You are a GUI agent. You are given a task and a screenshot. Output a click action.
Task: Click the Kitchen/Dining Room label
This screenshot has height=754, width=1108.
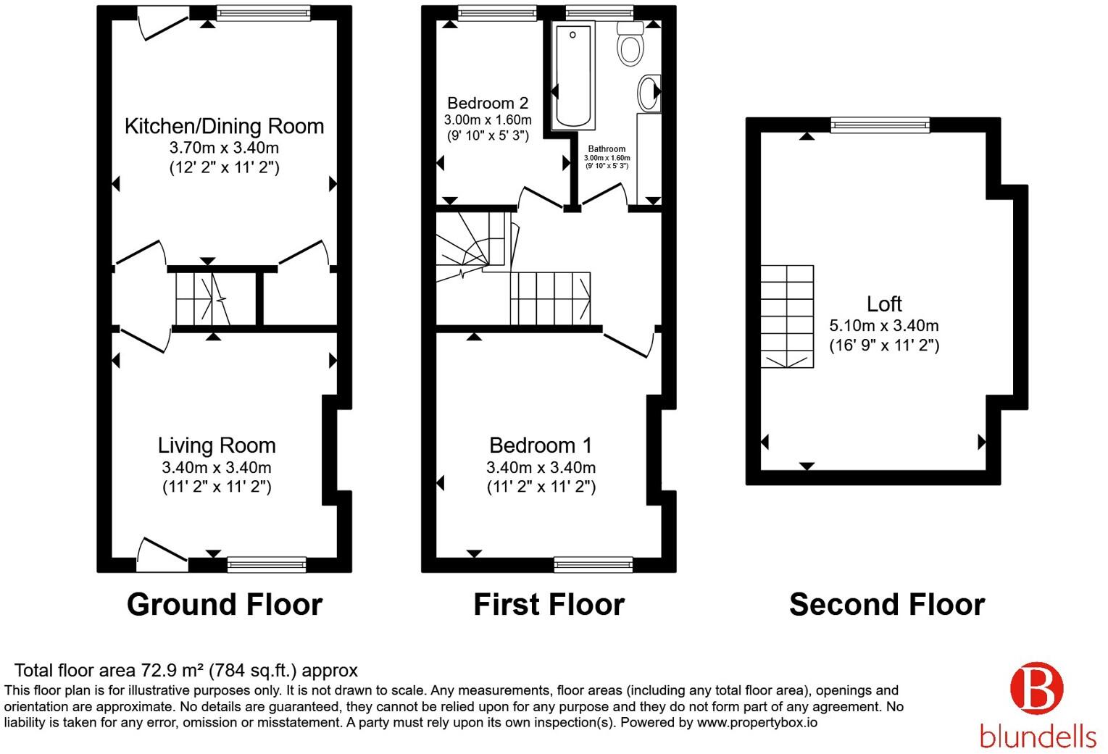[x=224, y=126]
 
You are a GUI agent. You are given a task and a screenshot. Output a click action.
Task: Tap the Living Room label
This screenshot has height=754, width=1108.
[x=217, y=445]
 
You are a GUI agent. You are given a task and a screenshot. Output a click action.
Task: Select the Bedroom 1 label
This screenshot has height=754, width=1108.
[x=541, y=445]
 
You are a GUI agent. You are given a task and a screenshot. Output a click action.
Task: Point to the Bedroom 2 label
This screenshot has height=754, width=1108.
[x=488, y=103]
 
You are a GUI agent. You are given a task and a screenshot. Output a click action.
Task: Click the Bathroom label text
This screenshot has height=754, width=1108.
[x=607, y=148]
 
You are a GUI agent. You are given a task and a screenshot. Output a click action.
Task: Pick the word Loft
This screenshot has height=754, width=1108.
[x=884, y=303]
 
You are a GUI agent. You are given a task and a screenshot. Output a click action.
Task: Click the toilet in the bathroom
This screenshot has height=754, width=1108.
[x=630, y=43]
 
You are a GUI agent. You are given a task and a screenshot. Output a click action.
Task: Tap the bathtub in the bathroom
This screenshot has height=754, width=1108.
[x=572, y=75]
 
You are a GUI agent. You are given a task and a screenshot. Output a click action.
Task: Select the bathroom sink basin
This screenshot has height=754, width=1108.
[x=649, y=93]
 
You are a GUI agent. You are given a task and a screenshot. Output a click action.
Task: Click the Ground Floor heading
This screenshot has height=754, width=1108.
[x=225, y=605]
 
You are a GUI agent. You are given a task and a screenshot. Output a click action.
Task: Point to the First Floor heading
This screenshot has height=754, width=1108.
[x=549, y=605]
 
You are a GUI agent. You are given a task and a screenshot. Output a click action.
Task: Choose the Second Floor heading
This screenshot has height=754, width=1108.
[x=887, y=605]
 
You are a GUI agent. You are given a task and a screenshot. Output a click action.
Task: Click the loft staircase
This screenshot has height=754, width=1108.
[x=787, y=317]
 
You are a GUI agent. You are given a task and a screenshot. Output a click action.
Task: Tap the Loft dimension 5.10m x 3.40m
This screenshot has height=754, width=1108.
[x=884, y=325]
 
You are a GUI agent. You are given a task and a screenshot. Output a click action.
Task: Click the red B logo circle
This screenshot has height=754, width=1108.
[x=1036, y=688]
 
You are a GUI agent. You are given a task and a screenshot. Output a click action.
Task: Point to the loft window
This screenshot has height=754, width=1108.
[x=880, y=125]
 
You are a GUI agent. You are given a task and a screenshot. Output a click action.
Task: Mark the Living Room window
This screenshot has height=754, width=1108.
[x=267, y=564]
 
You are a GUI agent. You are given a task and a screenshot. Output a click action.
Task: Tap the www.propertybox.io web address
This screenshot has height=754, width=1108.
[x=757, y=722]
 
